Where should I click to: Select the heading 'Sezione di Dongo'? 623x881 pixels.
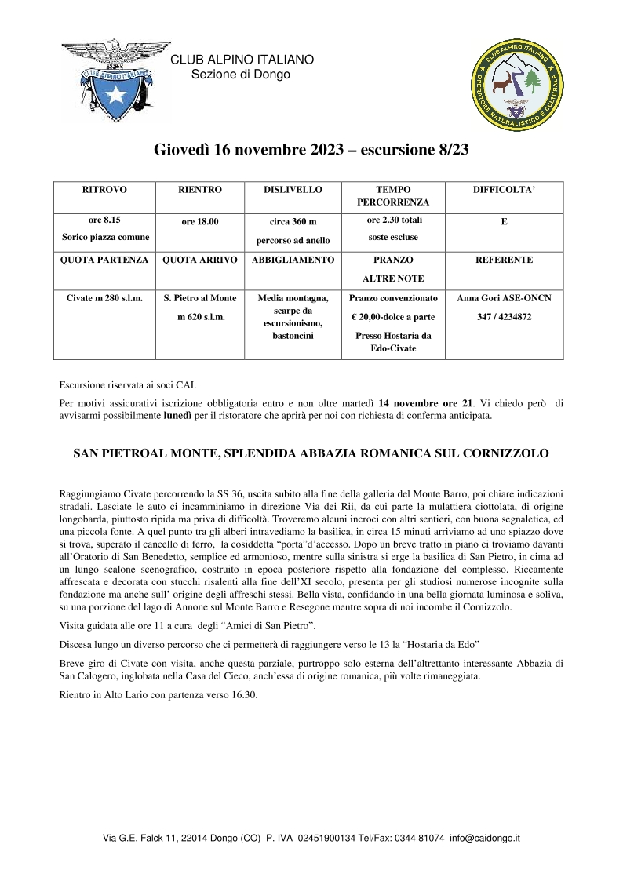[x=241, y=75]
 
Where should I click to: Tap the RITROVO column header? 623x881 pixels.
[x=104, y=190]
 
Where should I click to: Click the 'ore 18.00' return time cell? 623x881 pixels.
[x=200, y=222]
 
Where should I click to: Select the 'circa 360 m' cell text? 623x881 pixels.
[x=293, y=222]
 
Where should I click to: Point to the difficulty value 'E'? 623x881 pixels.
[x=504, y=222]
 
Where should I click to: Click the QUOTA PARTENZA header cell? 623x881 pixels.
[x=104, y=260]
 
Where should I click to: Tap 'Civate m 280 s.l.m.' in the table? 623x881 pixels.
[x=104, y=298]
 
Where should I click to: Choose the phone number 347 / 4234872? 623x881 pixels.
[x=504, y=317]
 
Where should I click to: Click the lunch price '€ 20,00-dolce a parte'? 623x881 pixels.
[x=393, y=317]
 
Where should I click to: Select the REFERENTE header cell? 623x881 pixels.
[x=504, y=260]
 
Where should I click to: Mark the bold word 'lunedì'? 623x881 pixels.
[x=177, y=417]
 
